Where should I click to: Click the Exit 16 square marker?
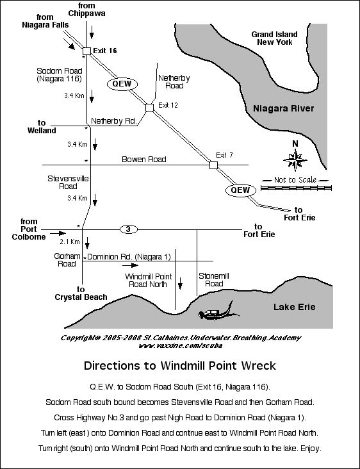click(x=86, y=49)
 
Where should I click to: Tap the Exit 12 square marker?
click(x=149, y=108)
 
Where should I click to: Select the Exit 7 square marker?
click(x=213, y=165)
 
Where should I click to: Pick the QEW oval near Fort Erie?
click(x=240, y=190)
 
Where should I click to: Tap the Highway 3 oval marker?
click(x=128, y=229)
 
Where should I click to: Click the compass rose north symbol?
click(x=296, y=156)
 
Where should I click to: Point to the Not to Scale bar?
click(x=298, y=181)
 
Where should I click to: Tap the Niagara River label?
click(x=283, y=108)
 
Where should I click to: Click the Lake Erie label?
click(x=294, y=307)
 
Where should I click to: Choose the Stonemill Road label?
click(x=213, y=279)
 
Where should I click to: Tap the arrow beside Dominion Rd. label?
click(x=129, y=263)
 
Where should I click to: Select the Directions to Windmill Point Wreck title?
click(x=180, y=366)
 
